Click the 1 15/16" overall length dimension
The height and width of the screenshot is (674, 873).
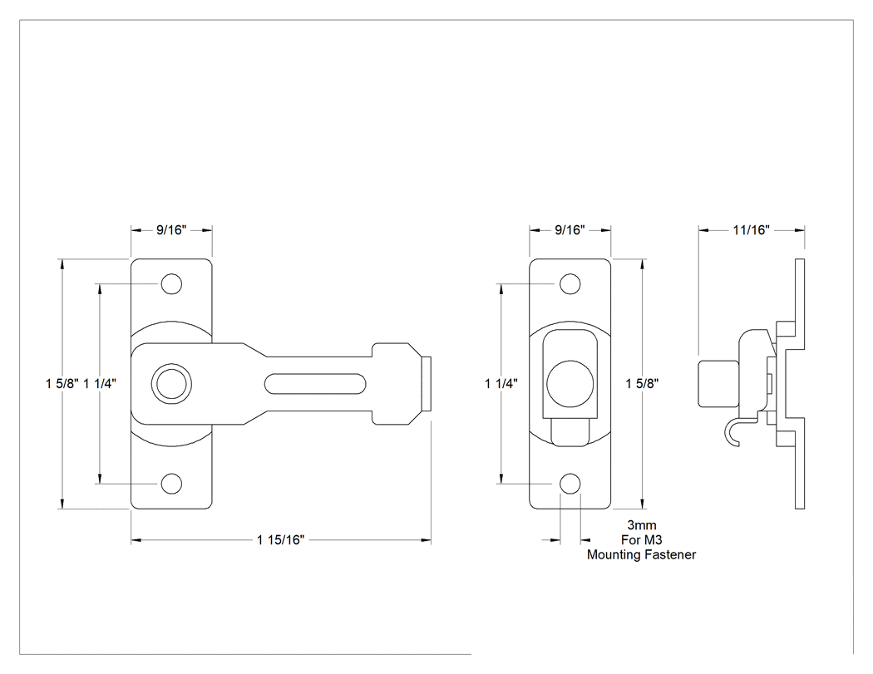[x=281, y=540]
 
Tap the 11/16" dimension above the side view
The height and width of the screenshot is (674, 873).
[x=751, y=230]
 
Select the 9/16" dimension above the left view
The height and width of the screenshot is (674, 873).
[x=171, y=230]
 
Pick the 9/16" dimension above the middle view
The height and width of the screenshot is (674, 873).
[x=570, y=230]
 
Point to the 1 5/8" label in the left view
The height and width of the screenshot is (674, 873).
[x=62, y=383]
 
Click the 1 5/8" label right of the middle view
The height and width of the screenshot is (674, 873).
[x=642, y=383]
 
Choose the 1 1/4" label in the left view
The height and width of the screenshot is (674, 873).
[x=100, y=383]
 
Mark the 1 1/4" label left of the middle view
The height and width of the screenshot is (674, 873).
[x=501, y=383]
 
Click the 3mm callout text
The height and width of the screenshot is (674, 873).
[x=641, y=525]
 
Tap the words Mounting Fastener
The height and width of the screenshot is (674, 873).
[x=641, y=554]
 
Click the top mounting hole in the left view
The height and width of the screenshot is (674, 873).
[x=171, y=284]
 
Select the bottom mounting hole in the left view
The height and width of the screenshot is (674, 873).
[x=171, y=484]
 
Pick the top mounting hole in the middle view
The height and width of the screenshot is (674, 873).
[x=570, y=284]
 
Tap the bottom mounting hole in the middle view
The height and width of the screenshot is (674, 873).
[x=570, y=484]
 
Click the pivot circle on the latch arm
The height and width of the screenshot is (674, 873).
[x=171, y=383]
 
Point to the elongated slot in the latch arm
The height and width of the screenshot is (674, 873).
[x=315, y=383]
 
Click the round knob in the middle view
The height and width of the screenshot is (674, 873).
[x=570, y=383]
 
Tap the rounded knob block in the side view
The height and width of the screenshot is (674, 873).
[x=718, y=383]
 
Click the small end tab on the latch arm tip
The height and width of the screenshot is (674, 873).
[x=427, y=383]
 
